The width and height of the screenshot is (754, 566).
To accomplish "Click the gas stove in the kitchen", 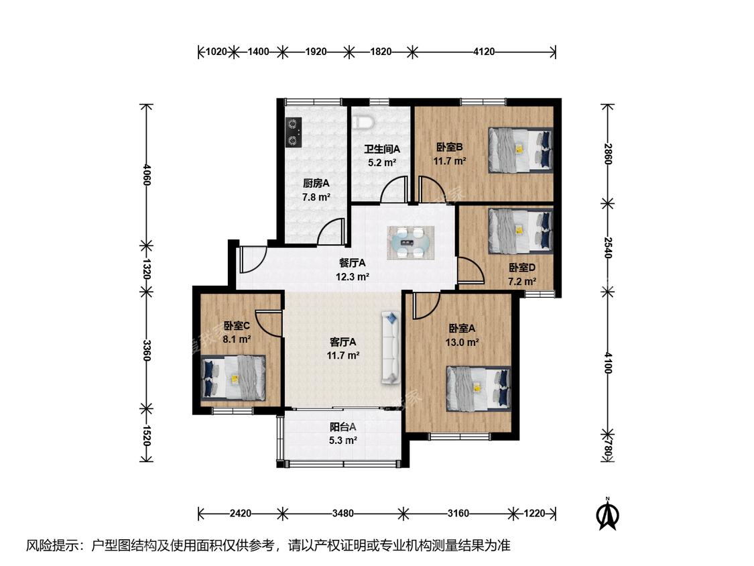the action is click(294, 132).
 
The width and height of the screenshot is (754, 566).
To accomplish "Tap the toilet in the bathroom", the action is click(363, 122).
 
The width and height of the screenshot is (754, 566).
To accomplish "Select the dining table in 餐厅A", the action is click(412, 243).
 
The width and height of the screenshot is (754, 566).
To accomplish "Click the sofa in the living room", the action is click(391, 347).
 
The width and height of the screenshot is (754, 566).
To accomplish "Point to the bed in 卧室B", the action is click(520, 149).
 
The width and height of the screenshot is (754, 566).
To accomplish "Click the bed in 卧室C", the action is click(233, 378).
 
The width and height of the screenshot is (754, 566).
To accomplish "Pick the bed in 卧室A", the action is click(479, 389).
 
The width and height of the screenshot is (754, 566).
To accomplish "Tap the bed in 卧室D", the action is click(520, 231).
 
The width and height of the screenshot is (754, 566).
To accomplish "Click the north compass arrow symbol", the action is click(607, 514).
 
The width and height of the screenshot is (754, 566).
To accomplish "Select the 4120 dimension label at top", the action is click(484, 52).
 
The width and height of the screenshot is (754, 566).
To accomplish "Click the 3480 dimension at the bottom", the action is click(343, 514).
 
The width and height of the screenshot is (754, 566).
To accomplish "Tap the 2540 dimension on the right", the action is click(608, 247).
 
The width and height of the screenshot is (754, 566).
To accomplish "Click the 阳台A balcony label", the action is click(343, 427).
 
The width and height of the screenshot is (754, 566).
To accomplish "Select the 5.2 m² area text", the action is click(382, 163).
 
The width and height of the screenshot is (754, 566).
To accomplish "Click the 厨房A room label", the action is click(316, 183).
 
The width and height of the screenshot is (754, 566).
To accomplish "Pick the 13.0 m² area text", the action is click(462, 343).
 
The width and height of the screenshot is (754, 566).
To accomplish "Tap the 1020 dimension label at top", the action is click(216, 52).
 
